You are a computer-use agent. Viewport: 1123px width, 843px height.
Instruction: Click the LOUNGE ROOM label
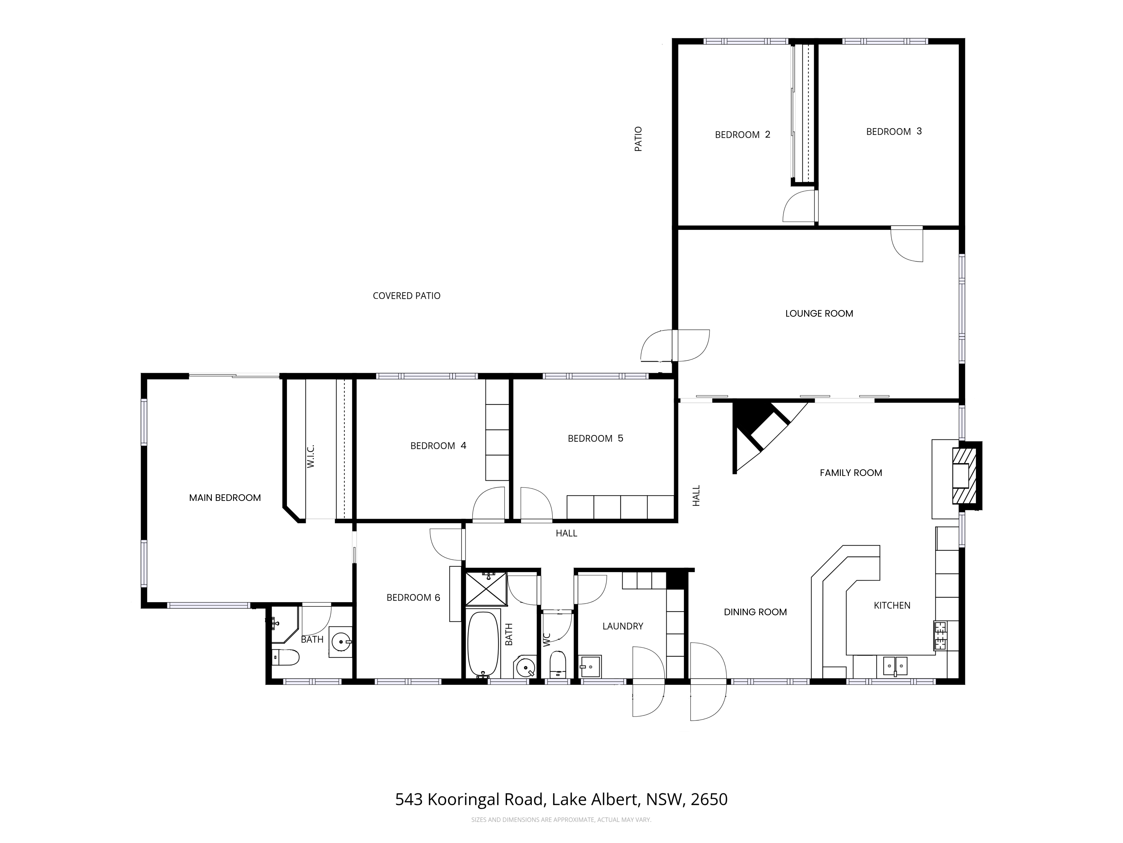pos(819,313)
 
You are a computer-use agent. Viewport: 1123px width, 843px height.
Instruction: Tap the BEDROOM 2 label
pos(742,135)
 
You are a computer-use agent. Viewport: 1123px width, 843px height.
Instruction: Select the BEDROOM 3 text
pos(893,132)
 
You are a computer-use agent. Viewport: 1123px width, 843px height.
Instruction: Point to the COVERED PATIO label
pos(406,296)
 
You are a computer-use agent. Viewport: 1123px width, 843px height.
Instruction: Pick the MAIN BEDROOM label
pos(225,498)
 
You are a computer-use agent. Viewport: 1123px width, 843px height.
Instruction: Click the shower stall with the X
pos(486,589)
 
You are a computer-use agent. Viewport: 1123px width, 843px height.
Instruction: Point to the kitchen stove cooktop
pos(940,635)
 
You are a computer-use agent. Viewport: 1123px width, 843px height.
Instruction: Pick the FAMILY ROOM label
pos(851,473)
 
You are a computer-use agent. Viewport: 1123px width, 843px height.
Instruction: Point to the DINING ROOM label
pos(755,612)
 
